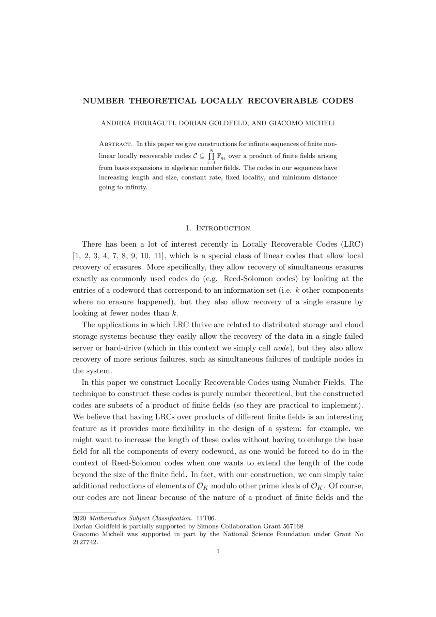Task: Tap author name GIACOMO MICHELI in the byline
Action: pos(302,123)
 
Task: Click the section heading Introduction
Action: pos(223,228)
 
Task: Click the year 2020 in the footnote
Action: pos(79,519)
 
